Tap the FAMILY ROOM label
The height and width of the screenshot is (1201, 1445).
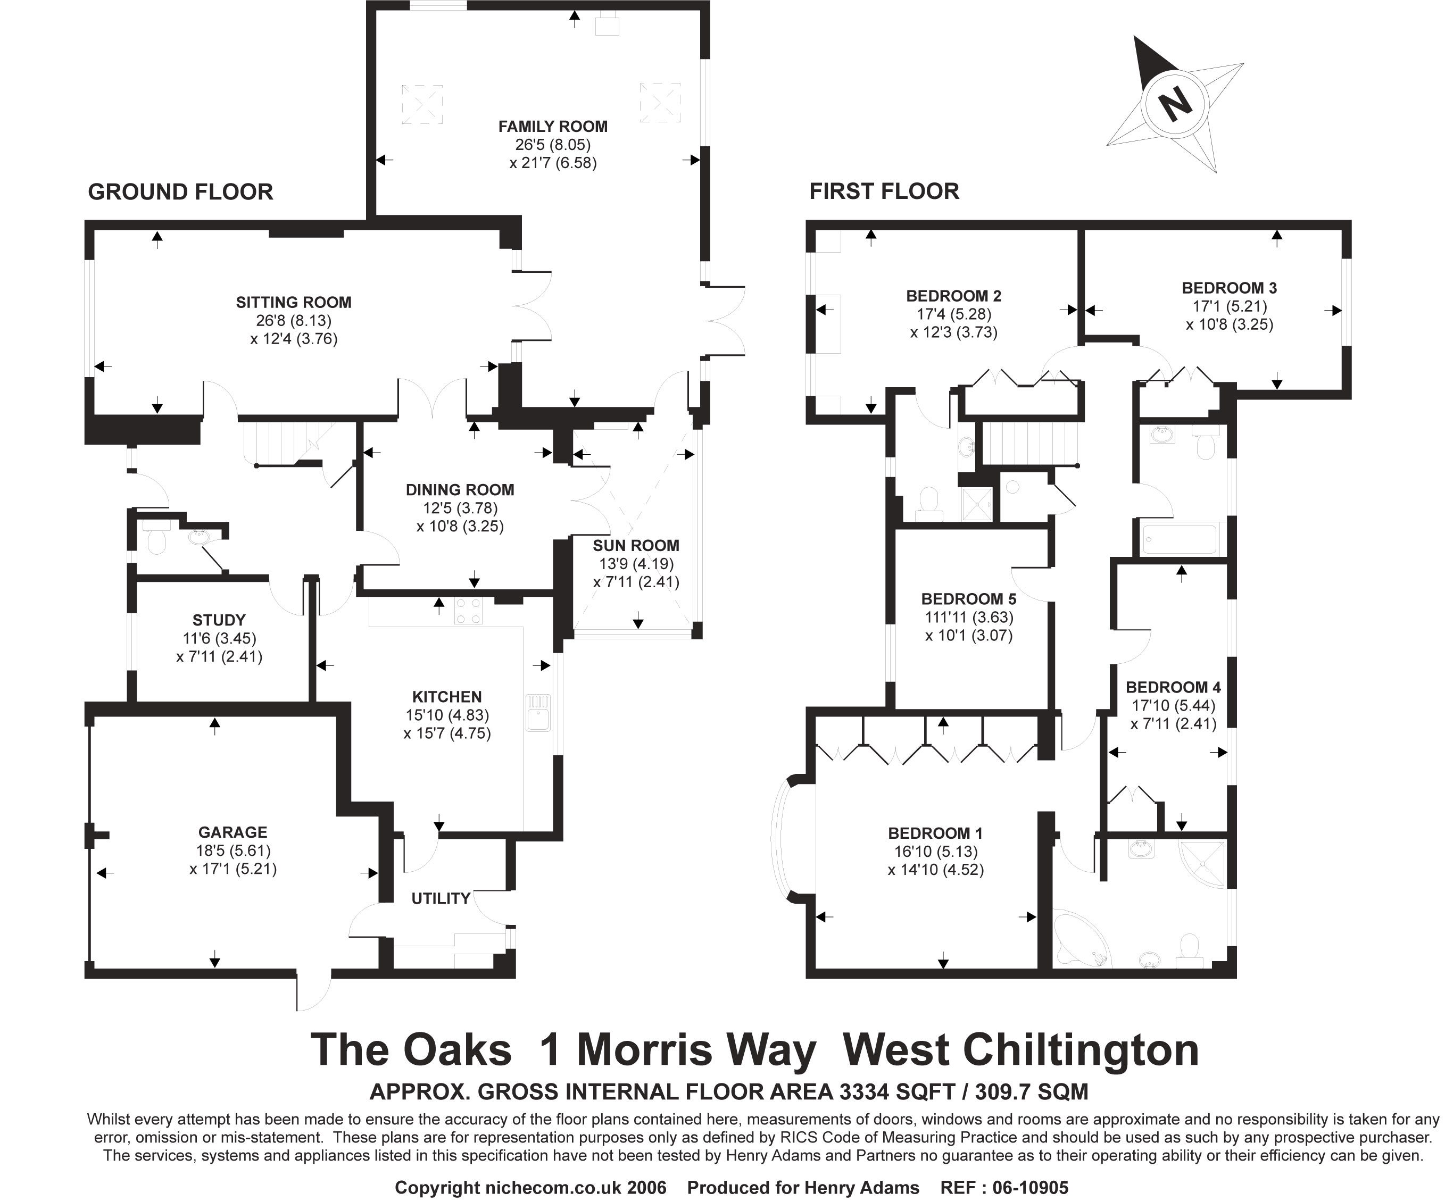click(553, 127)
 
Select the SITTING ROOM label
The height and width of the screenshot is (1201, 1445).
click(293, 302)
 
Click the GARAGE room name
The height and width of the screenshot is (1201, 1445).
click(232, 832)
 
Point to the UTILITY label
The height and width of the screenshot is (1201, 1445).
click(441, 898)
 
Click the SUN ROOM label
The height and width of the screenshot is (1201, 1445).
click(636, 546)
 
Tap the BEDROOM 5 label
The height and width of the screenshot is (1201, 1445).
click(968, 598)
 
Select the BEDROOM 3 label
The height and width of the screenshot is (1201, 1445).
click(1229, 288)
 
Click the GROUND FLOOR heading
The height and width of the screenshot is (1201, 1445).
click(180, 192)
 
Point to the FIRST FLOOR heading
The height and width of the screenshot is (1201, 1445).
click(884, 191)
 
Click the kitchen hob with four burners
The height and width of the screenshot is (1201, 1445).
click(468, 610)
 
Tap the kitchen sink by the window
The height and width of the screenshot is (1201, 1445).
click(538, 712)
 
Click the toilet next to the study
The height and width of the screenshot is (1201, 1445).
click(157, 539)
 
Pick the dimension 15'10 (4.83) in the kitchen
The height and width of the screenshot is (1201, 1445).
click(447, 715)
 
